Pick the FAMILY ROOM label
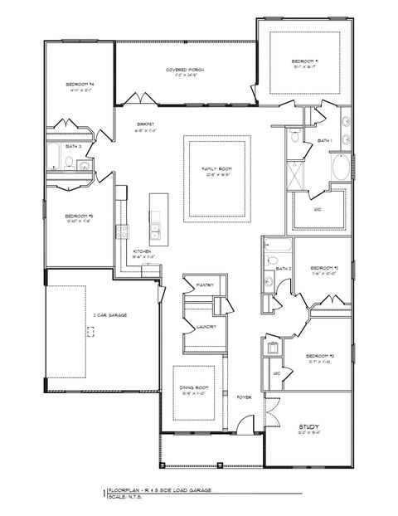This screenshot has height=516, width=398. coord(216,169)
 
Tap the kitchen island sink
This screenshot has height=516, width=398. coord(154,228)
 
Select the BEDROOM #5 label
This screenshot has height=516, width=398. coord(79,217)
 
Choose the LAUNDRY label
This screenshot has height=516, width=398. coord(206,327)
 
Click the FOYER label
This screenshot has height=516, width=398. coord(244,397)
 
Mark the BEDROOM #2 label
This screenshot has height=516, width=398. coord(322,268)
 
